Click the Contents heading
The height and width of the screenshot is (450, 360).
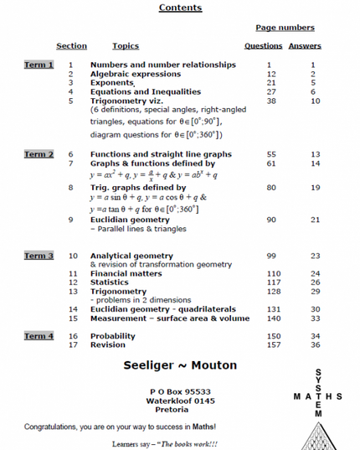(180, 8)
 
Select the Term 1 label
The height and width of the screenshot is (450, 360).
(39, 65)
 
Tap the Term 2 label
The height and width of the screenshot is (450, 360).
(39, 154)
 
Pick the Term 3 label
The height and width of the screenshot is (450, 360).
(39, 256)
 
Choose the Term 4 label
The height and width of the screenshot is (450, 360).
(39, 336)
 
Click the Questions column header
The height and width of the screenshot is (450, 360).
(263, 46)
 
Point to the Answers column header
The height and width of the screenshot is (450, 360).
(305, 46)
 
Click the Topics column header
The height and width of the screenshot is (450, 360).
(126, 46)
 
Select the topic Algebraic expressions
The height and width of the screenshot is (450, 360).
(135, 74)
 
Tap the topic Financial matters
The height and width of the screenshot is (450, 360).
(126, 274)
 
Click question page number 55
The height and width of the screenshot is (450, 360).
(270, 154)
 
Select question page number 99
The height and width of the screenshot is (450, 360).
(270, 256)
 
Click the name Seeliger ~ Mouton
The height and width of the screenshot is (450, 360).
(180, 367)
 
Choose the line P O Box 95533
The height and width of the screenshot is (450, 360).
(180, 391)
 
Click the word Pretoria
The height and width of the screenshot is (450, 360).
(180, 411)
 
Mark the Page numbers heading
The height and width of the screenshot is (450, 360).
(285, 28)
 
